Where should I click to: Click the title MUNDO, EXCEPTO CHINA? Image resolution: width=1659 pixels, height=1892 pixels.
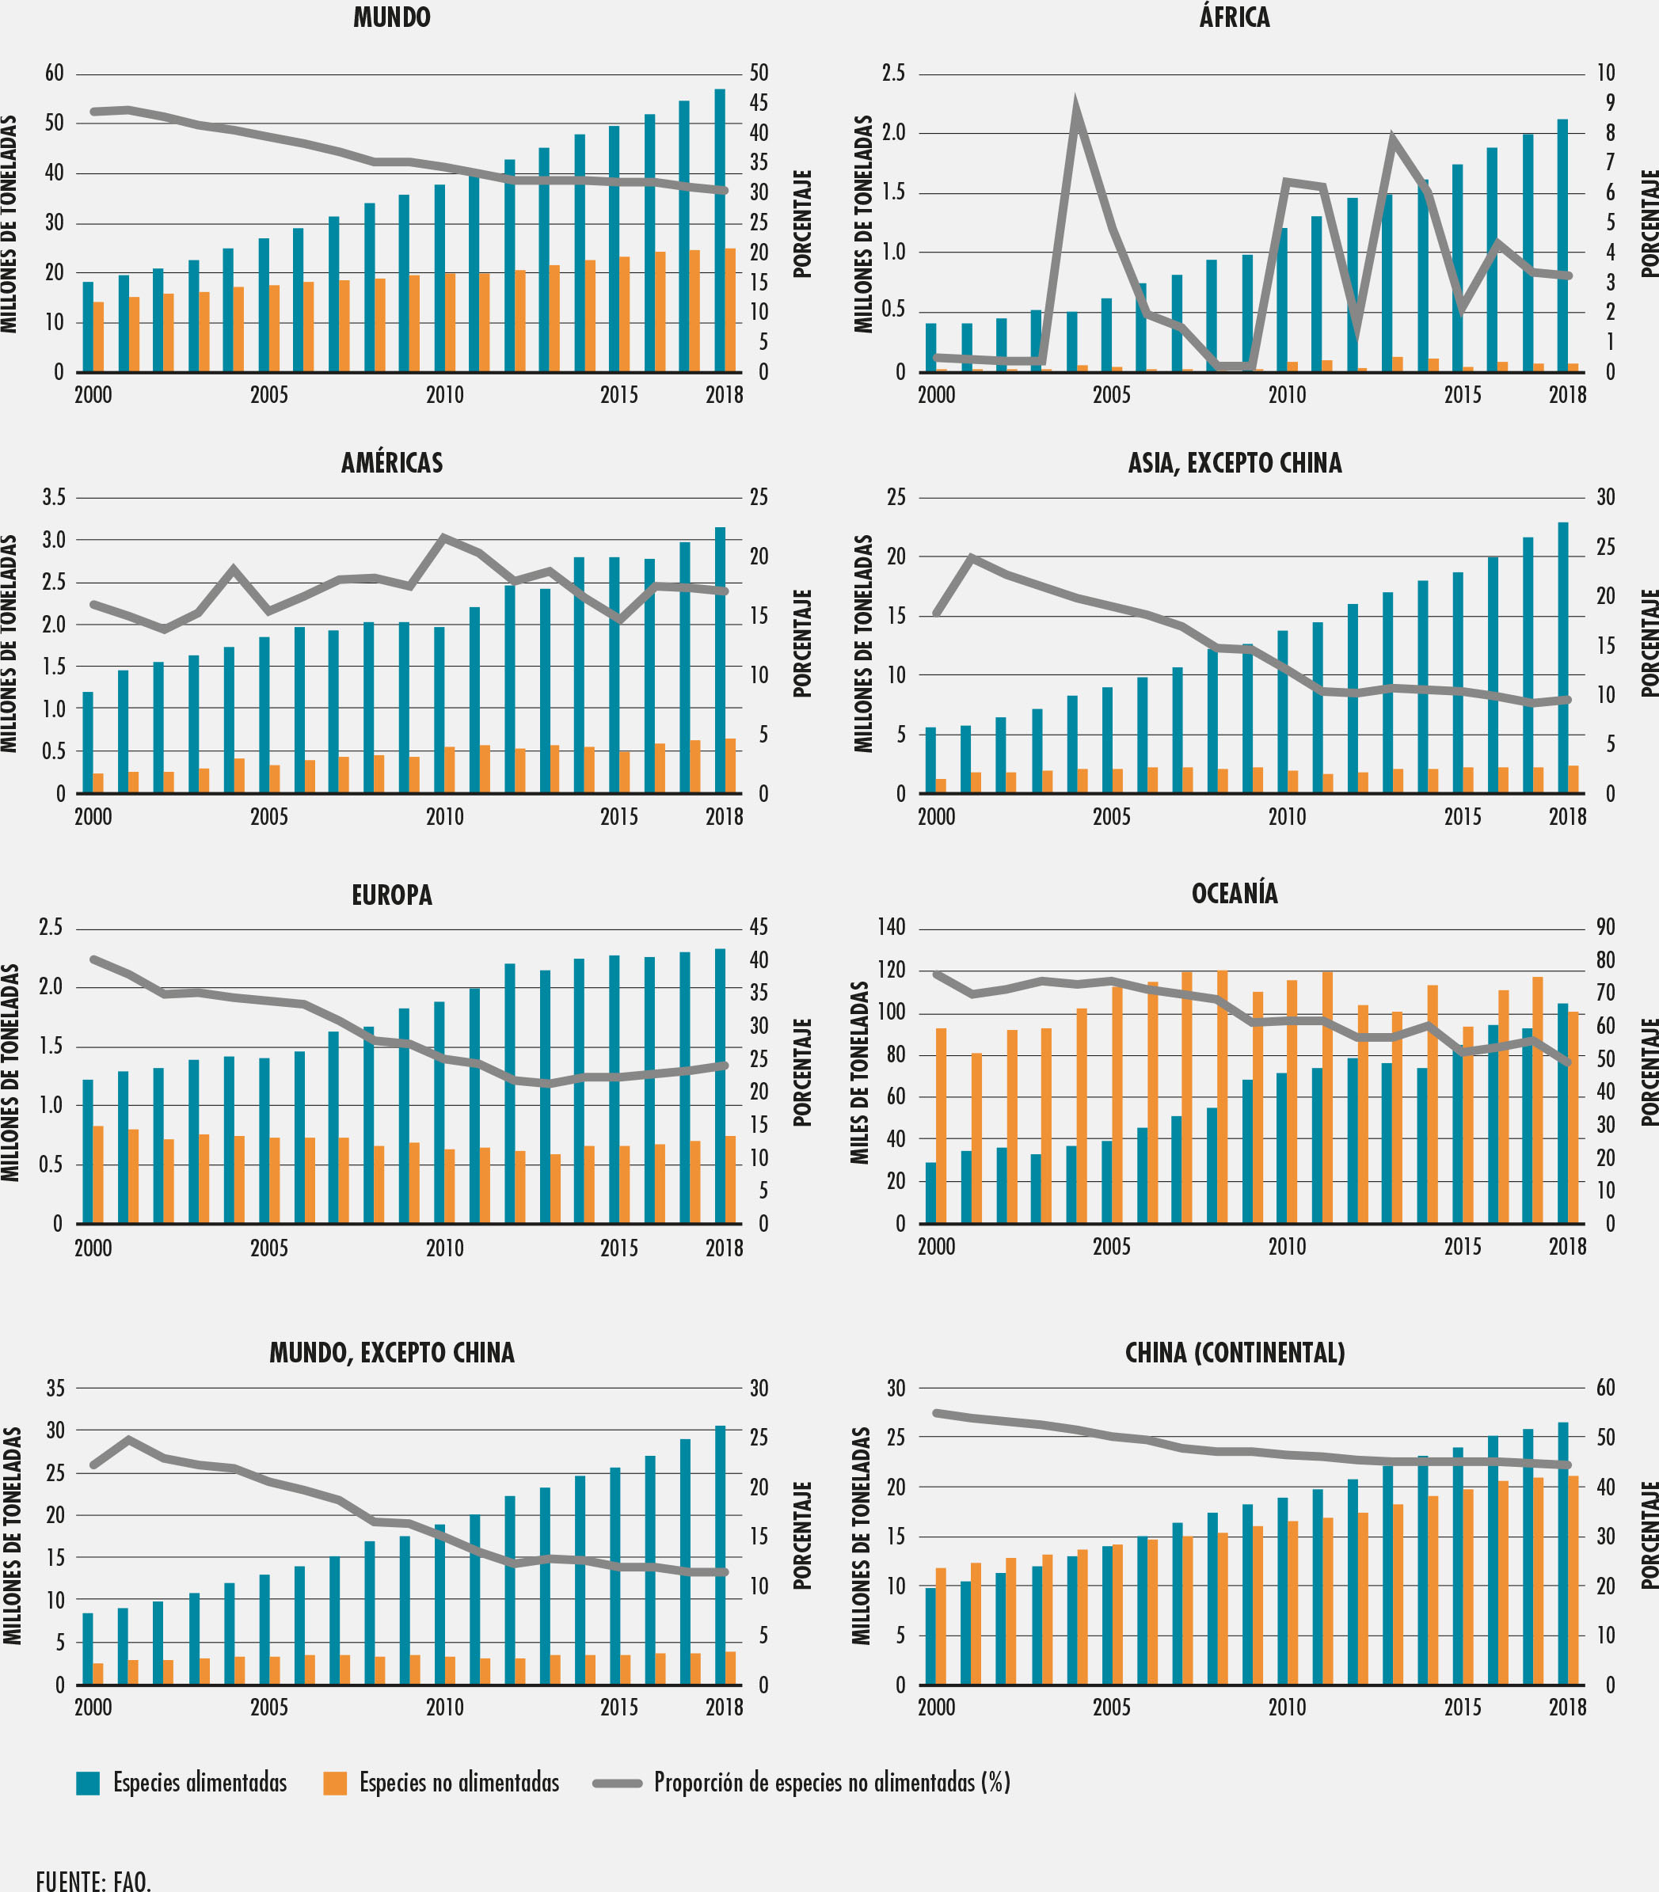tap(392, 1353)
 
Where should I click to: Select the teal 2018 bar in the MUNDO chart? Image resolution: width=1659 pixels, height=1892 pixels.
tap(719, 231)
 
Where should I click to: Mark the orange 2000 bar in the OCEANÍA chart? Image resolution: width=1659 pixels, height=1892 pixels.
tap(942, 1126)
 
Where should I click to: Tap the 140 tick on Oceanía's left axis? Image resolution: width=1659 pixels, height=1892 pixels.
tap(891, 928)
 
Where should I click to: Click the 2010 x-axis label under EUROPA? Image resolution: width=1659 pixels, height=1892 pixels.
tap(444, 1248)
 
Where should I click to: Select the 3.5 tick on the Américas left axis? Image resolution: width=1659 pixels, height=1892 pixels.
tap(54, 498)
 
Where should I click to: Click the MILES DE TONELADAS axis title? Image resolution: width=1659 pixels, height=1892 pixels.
tap(860, 1073)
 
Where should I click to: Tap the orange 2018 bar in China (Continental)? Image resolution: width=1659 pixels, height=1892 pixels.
tap(1573, 1580)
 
